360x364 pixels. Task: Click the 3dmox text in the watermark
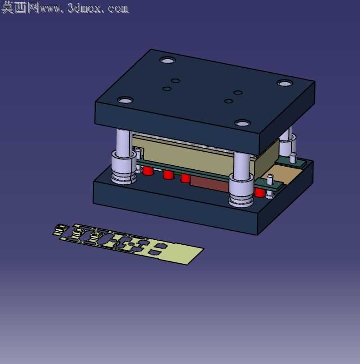pos(84,9)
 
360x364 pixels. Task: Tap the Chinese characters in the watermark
pos(20,8)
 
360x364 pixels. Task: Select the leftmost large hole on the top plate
pos(126,100)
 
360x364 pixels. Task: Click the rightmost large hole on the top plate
pos(285,83)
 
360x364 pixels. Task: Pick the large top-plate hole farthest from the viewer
pos(168,61)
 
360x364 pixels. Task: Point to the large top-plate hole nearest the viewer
pos(243,123)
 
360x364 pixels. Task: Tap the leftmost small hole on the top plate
pos(167,89)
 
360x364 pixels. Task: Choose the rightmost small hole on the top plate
pos(238,93)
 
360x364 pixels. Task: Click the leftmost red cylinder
pos(148,171)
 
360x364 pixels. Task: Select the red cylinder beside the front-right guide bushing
pos(260,192)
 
